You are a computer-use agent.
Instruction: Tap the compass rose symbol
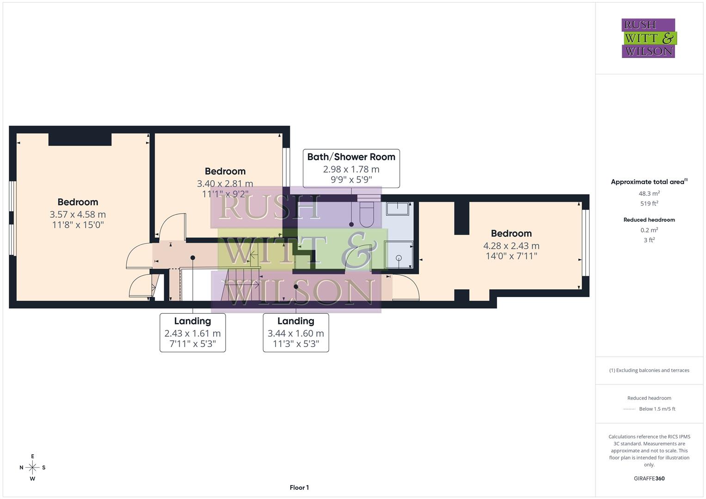point(32,468)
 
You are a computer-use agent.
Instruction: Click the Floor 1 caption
point(299,487)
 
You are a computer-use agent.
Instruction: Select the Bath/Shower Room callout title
point(351,157)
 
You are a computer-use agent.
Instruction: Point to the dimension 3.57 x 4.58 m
point(78,214)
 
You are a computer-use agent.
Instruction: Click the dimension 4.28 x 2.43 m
point(511,246)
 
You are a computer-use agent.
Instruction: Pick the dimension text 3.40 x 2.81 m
point(225,183)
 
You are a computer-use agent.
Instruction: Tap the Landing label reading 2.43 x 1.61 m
point(192,333)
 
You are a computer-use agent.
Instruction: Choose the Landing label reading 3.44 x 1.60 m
point(295,333)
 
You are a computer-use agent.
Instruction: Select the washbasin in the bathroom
point(398,209)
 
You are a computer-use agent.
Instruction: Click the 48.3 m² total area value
point(649,194)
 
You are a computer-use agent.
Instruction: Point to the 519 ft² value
point(649,203)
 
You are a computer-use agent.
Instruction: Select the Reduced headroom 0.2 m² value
point(649,230)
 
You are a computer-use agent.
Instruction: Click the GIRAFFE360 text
point(649,478)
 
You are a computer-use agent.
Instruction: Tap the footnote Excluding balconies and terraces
point(649,370)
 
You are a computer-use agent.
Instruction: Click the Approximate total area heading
point(649,182)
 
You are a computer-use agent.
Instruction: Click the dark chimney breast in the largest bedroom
point(80,139)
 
